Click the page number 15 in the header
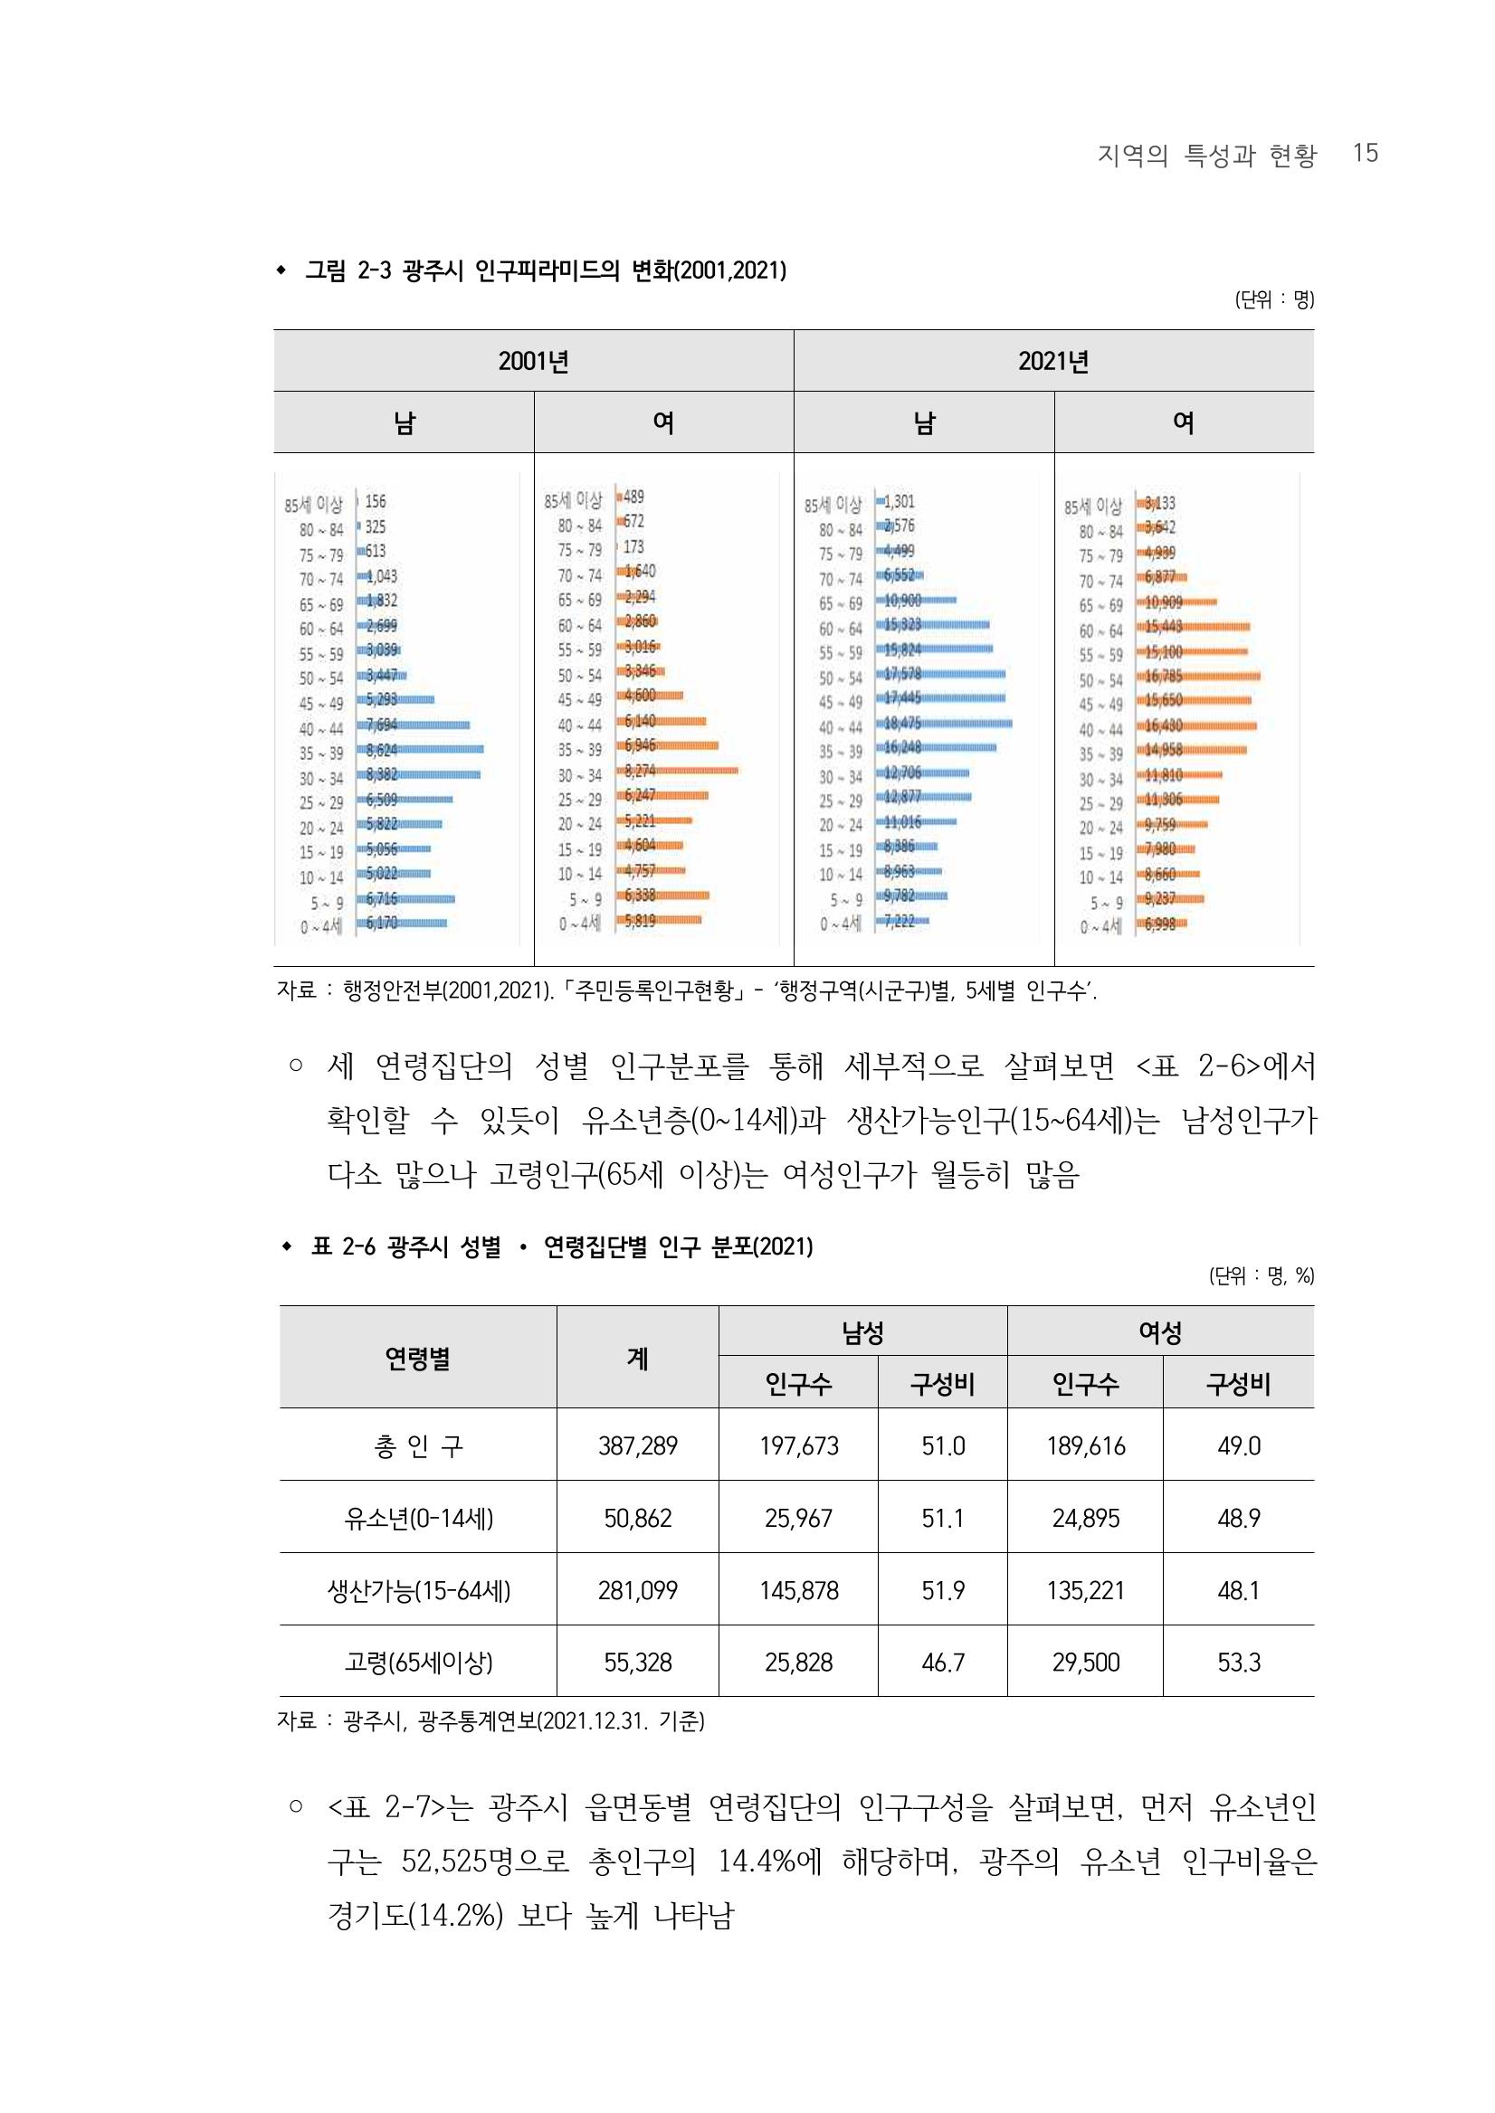click(x=1365, y=153)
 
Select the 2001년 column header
click(x=533, y=362)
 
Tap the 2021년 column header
click(x=1053, y=362)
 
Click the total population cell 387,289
click(x=637, y=1445)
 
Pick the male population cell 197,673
click(x=798, y=1445)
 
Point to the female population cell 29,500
click(x=1085, y=1662)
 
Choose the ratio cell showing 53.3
click(x=1238, y=1662)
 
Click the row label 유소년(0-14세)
click(x=418, y=1518)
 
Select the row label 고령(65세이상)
click(x=418, y=1662)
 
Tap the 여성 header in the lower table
click(x=1160, y=1331)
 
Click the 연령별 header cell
click(x=418, y=1358)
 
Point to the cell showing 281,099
click(x=637, y=1590)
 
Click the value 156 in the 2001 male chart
click(x=376, y=501)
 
